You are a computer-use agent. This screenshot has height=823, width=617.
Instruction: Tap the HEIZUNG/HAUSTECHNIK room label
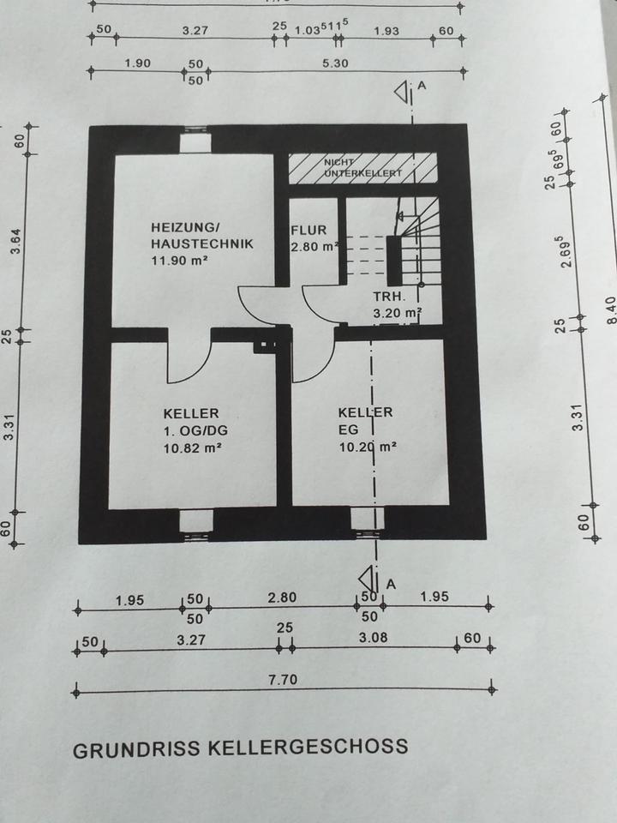click(201, 236)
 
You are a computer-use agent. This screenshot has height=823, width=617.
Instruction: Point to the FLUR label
click(308, 231)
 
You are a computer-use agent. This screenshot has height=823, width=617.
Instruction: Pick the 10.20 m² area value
click(366, 446)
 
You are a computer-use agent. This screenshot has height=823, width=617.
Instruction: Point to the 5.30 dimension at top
click(334, 63)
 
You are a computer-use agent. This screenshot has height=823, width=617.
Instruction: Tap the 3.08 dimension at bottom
click(373, 639)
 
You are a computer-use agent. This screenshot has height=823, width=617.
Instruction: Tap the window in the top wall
click(195, 139)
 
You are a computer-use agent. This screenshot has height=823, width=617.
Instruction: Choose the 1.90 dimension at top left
click(137, 63)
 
